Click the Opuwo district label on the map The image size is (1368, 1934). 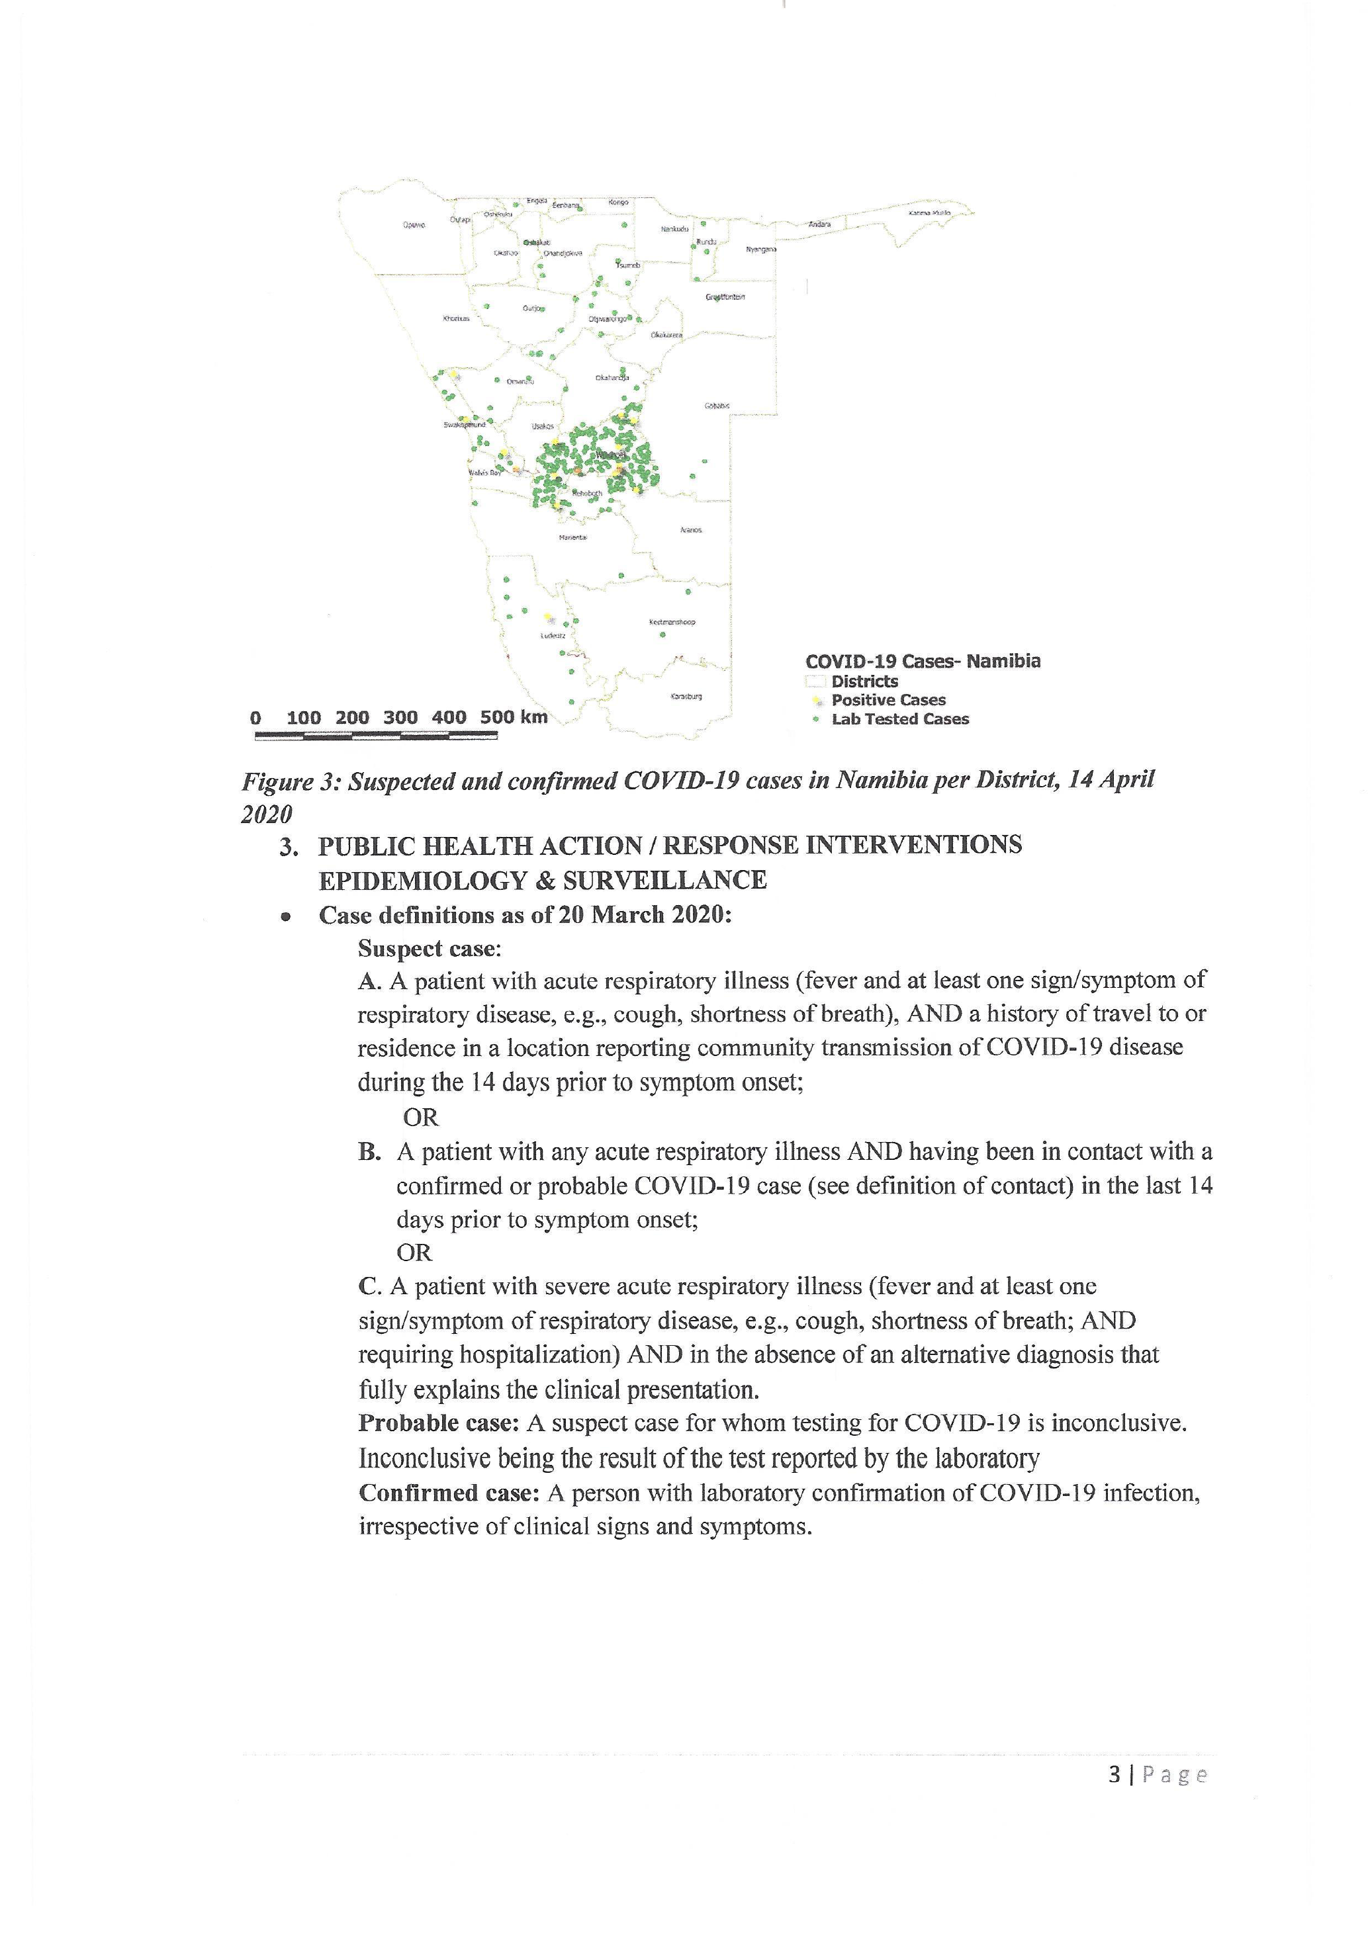pyautogui.click(x=414, y=225)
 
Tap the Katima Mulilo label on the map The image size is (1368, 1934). pyautogui.click(x=929, y=213)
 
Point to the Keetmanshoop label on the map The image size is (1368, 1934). pyautogui.click(x=672, y=622)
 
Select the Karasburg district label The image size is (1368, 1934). pyautogui.click(x=686, y=697)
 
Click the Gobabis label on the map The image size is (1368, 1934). pyautogui.click(x=717, y=406)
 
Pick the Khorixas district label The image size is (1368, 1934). pyautogui.click(x=456, y=318)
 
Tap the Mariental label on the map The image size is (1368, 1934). pyautogui.click(x=572, y=537)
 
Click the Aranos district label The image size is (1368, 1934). pyautogui.click(x=691, y=530)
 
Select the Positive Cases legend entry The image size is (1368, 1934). pyautogui.click(x=888, y=700)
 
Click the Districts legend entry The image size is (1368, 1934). pyautogui.click(x=864, y=681)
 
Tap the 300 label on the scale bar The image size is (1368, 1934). pyautogui.click(x=400, y=718)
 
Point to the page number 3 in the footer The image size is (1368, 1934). pyautogui.click(x=1115, y=1775)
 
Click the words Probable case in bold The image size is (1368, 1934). pyautogui.click(x=438, y=1423)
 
